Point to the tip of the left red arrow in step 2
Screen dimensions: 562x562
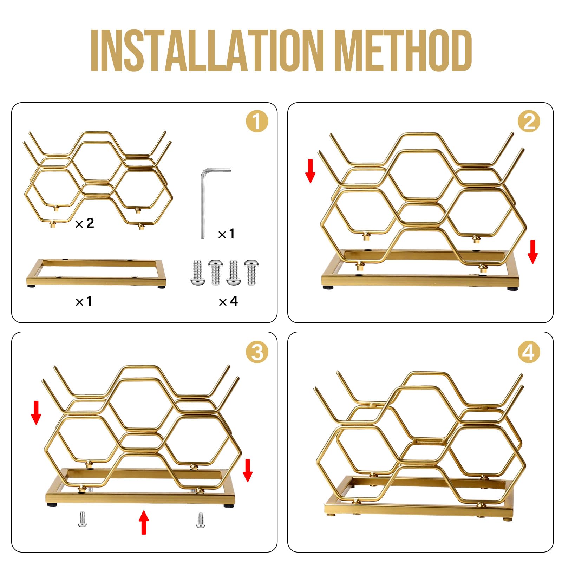click(310, 183)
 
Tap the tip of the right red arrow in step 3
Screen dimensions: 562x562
click(248, 482)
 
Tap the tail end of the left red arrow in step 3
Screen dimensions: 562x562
click(36, 401)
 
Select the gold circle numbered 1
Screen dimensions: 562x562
click(257, 122)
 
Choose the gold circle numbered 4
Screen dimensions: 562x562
click(529, 352)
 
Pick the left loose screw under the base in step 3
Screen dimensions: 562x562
click(82, 519)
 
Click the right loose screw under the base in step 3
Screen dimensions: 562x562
click(201, 520)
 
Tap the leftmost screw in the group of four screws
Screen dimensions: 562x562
click(198, 272)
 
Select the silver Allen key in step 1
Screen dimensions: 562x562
click(215, 203)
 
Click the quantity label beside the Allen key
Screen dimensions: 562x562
click(226, 234)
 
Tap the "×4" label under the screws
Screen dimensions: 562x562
click(228, 301)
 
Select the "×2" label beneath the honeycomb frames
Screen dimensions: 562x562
click(85, 223)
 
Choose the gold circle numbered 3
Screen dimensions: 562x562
click(257, 352)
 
